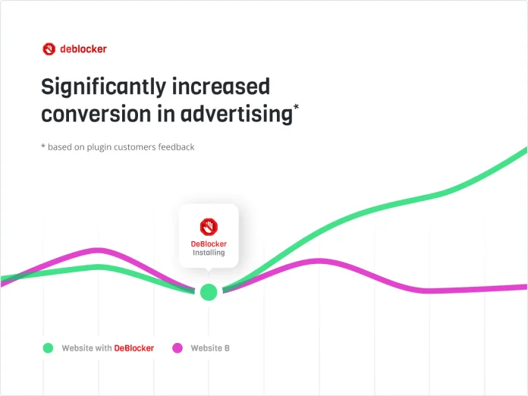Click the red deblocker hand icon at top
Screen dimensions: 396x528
[49, 49]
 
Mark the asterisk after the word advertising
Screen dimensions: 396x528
[296, 108]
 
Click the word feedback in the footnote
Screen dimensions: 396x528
[174, 146]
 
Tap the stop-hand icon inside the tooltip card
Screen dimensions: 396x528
[209, 226]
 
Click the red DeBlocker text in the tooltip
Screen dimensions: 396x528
[209, 244]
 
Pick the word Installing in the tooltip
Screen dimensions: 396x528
[209, 253]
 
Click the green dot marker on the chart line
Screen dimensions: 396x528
[209, 292]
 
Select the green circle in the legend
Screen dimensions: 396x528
[48, 348]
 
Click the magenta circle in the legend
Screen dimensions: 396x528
[177, 348]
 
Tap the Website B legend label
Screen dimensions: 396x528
[210, 348]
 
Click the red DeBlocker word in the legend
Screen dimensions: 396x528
[134, 348]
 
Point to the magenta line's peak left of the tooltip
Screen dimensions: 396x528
[96, 249]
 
